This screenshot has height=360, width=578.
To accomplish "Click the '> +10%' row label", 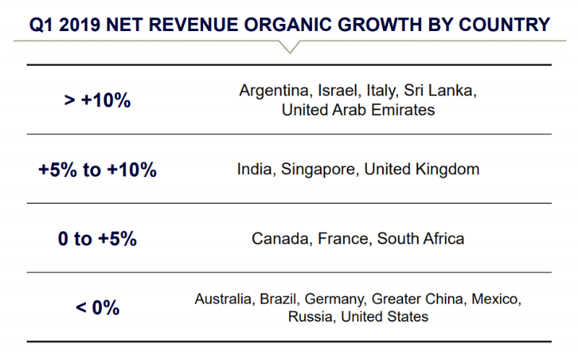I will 98,100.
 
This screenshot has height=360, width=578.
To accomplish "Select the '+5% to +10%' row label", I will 98,170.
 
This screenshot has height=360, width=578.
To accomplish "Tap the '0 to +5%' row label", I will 98,239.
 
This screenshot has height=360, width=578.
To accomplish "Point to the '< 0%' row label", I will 98,307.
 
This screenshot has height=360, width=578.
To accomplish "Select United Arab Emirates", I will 358,110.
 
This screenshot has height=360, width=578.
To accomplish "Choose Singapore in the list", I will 316,171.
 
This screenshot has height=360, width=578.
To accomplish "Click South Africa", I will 420,239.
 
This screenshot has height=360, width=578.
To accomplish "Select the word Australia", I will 224,298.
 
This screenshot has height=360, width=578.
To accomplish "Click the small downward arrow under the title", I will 288,47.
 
